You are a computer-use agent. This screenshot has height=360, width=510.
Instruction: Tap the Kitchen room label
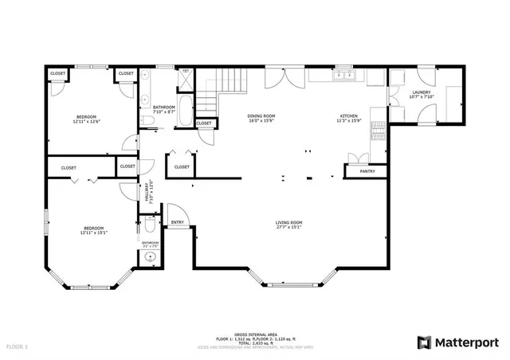(350, 116)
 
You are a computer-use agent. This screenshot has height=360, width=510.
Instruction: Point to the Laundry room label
(422, 93)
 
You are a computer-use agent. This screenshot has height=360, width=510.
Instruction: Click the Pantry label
(367, 171)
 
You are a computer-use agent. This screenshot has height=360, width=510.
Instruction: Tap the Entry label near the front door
(177, 222)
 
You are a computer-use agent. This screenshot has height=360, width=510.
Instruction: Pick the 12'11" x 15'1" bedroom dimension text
(93, 233)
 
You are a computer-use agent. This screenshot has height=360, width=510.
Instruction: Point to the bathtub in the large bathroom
(185, 111)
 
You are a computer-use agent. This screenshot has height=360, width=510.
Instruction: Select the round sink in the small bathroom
(149, 257)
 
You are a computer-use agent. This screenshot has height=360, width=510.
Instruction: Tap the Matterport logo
(457, 342)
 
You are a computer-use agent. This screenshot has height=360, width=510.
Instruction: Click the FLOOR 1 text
(17, 347)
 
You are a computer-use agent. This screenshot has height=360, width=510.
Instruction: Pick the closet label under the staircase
(203, 123)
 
